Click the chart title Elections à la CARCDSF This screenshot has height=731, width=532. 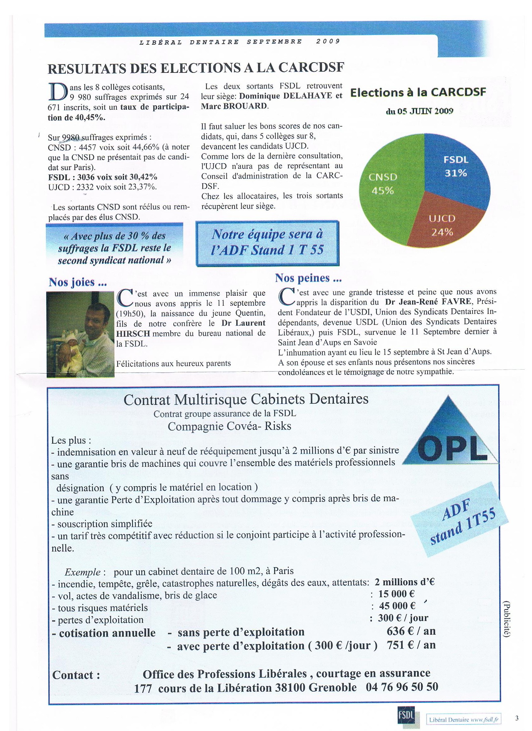coord(418,93)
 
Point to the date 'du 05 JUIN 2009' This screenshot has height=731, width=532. coord(419,111)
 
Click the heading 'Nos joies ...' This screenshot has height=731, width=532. coord(78,282)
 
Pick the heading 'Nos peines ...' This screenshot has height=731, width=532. coord(308,278)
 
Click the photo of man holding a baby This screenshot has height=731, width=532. coord(80,334)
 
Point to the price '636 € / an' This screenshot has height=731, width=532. coord(411,631)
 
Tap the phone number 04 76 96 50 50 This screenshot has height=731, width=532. coord(402,687)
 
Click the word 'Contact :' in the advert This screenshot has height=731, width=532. coord(76,675)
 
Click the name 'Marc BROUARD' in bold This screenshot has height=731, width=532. coord(234,106)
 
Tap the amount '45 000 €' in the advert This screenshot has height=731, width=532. coord(397,606)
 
